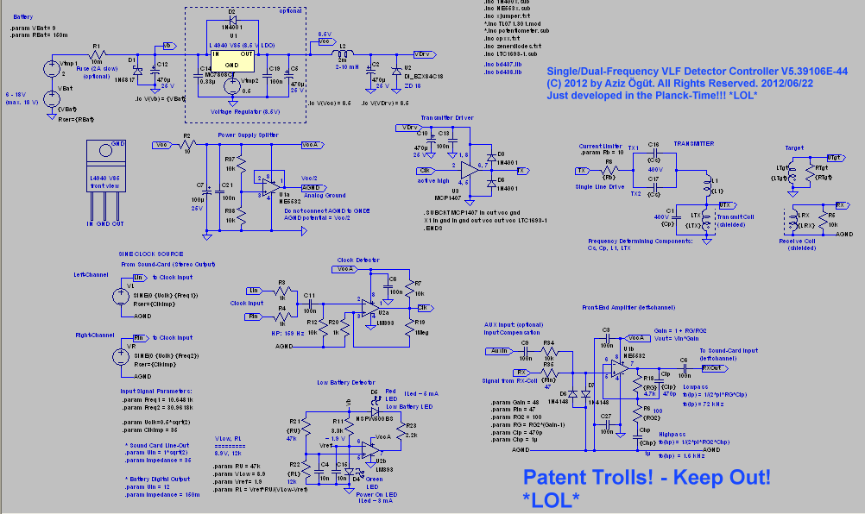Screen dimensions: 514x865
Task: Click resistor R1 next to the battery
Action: click(97, 53)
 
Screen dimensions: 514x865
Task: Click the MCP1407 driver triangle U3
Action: click(466, 171)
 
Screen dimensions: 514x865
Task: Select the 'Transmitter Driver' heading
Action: click(446, 116)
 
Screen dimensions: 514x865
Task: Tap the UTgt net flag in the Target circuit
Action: click(835, 158)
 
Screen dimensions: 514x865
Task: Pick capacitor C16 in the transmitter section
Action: click(653, 158)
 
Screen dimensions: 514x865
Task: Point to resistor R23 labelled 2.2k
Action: click(397, 429)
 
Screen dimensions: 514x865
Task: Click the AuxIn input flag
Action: click(499, 350)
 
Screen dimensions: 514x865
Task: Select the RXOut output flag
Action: click(712, 367)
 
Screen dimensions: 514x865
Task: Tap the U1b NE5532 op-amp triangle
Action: click(618, 367)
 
